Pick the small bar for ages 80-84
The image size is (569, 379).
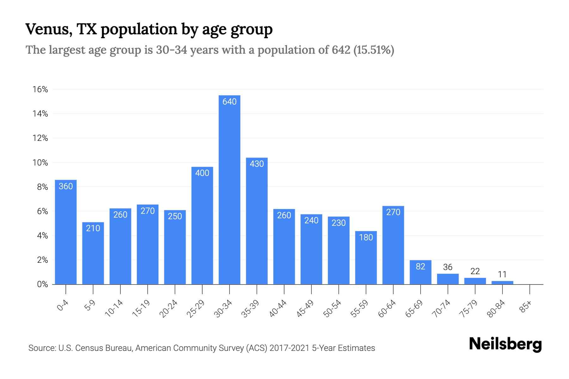tap(502, 282)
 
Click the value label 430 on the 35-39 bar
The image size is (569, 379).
tap(257, 164)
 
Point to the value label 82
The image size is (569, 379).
tap(420, 267)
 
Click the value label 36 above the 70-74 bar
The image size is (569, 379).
tap(448, 267)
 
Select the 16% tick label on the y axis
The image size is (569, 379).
tap(40, 89)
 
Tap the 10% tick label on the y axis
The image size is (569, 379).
tap(40, 163)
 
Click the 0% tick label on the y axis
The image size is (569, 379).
tap(42, 284)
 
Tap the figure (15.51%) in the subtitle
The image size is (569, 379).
tap(374, 50)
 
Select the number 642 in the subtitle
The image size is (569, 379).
tap(341, 50)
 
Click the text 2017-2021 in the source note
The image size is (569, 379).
tap(289, 348)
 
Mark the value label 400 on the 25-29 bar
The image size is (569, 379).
tap(202, 173)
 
